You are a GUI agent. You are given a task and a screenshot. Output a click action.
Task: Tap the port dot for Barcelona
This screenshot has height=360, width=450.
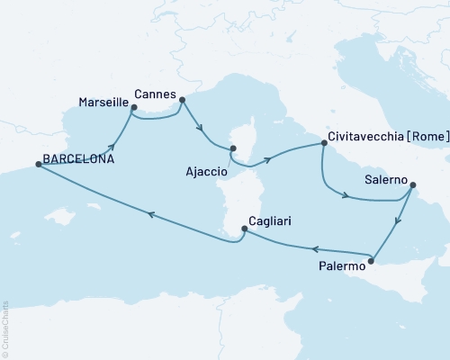pos(38,165)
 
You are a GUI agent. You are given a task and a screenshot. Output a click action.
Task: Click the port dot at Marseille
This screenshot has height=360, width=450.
pos(133,109)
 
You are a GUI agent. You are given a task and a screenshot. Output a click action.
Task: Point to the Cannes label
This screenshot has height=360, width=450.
pos(154,91)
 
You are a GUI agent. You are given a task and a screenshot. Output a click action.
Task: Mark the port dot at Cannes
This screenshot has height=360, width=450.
pos(182,100)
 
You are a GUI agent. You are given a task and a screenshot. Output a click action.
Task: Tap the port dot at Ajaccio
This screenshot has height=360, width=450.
pos(232,148)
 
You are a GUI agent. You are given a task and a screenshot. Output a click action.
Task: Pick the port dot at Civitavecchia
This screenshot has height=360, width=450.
pos(322,143)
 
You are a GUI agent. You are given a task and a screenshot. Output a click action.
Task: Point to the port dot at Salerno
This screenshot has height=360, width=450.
pos(412,186)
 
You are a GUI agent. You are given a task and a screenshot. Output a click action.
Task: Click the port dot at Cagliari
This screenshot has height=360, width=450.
pos(244,230)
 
